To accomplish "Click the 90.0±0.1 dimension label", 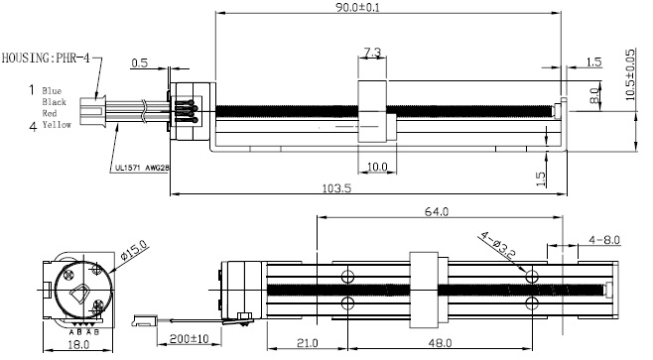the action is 357,8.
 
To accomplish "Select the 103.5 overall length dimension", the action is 336,188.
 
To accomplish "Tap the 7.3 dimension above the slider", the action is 372,53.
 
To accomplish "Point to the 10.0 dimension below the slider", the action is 377,167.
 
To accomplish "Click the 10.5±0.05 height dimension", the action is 630,74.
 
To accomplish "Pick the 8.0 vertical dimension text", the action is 595,96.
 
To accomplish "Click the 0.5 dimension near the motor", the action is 140,62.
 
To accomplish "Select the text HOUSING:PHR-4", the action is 46,58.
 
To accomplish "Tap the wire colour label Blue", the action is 52,90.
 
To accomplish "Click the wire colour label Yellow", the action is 57,124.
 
